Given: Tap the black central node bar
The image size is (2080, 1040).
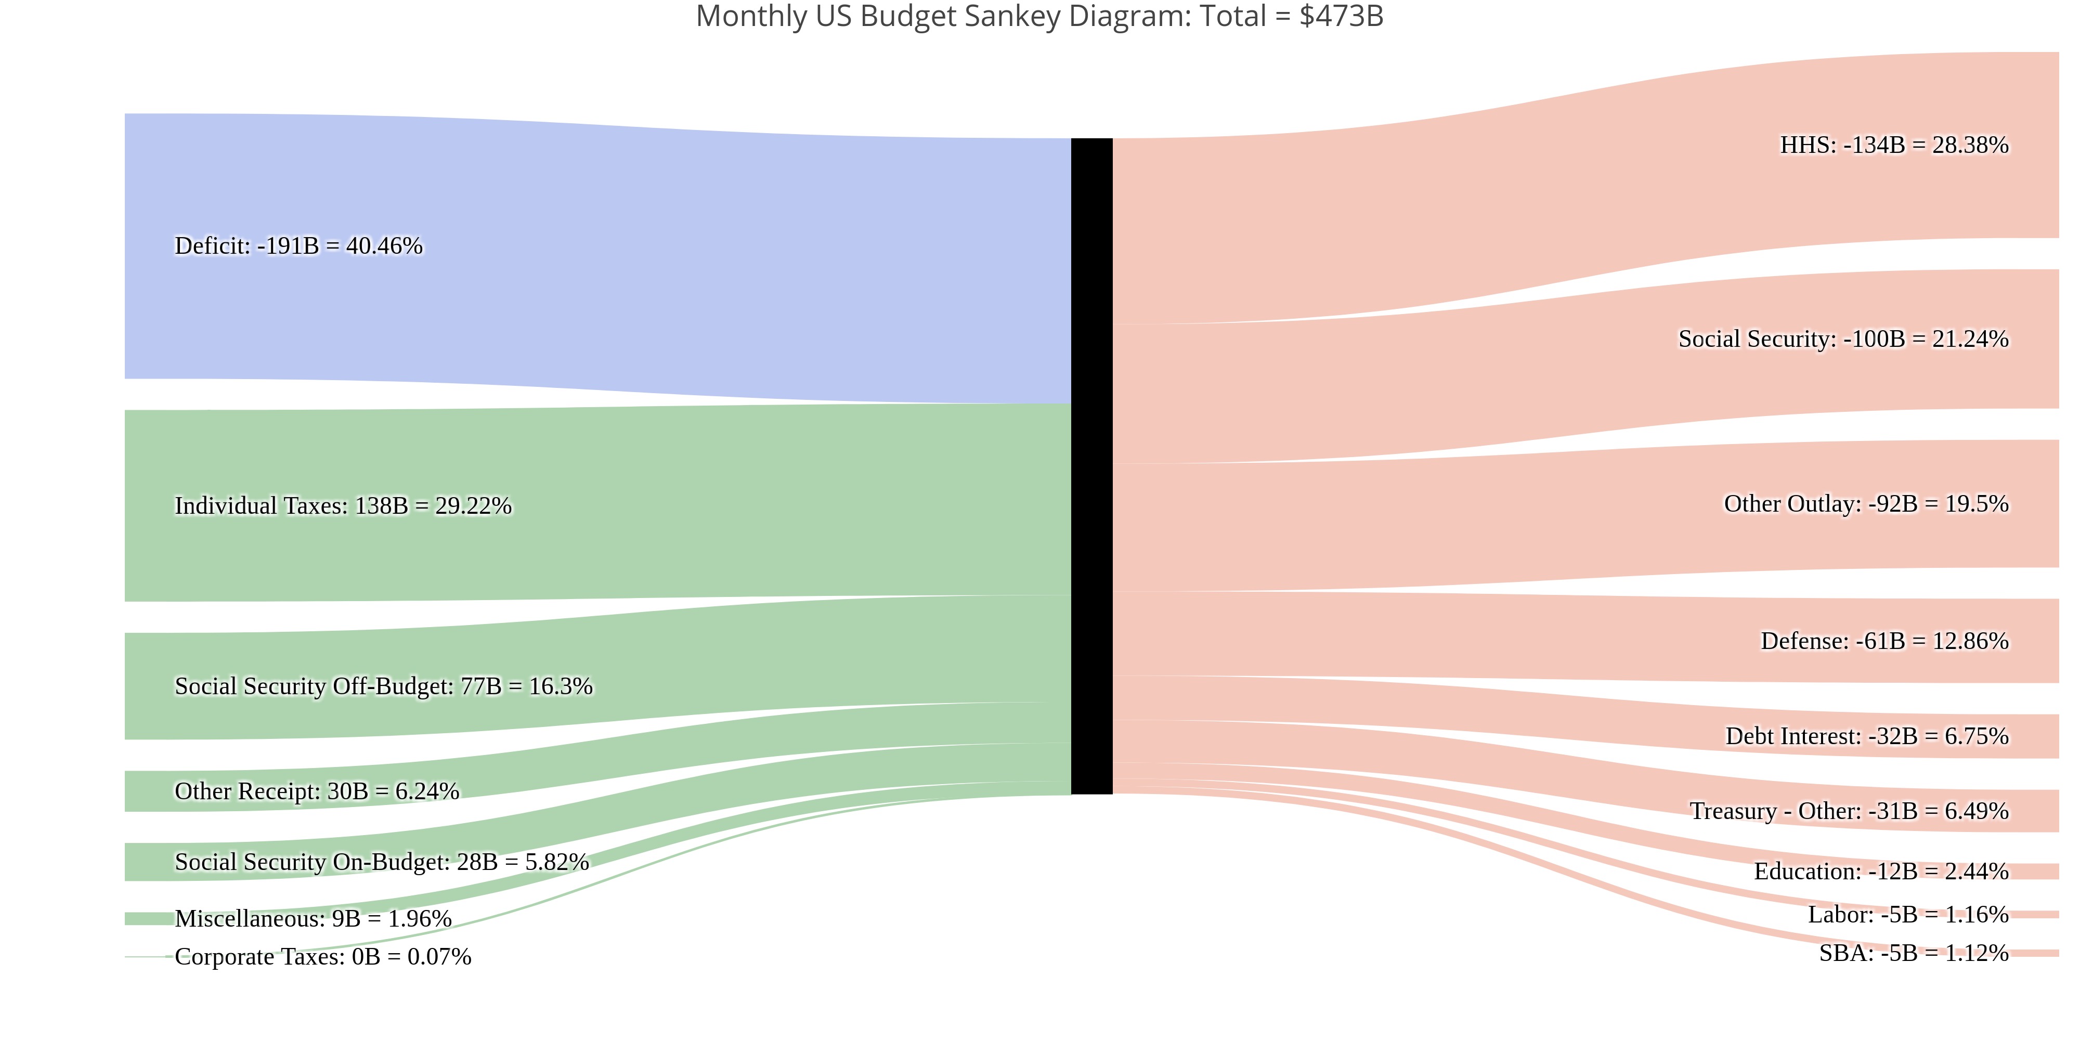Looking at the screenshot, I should (x=1091, y=466).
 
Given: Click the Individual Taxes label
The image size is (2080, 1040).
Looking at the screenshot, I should (x=343, y=505).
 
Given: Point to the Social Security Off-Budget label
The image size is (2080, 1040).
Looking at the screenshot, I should (x=384, y=686).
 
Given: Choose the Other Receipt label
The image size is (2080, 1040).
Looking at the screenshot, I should (x=317, y=791).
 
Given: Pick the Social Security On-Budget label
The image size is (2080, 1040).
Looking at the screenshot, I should (x=381, y=862).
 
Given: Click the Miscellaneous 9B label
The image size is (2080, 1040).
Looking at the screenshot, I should (x=313, y=919).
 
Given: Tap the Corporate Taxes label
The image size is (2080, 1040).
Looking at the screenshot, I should (x=322, y=957).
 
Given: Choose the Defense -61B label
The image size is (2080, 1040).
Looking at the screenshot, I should (x=1884, y=641).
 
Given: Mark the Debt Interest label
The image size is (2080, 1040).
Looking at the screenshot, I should (x=1866, y=736).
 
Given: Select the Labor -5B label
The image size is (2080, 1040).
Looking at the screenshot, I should (x=1907, y=915).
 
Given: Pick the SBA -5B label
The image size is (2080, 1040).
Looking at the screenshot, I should (x=1913, y=954).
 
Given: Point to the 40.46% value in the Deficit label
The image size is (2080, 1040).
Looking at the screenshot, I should (x=384, y=245).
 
